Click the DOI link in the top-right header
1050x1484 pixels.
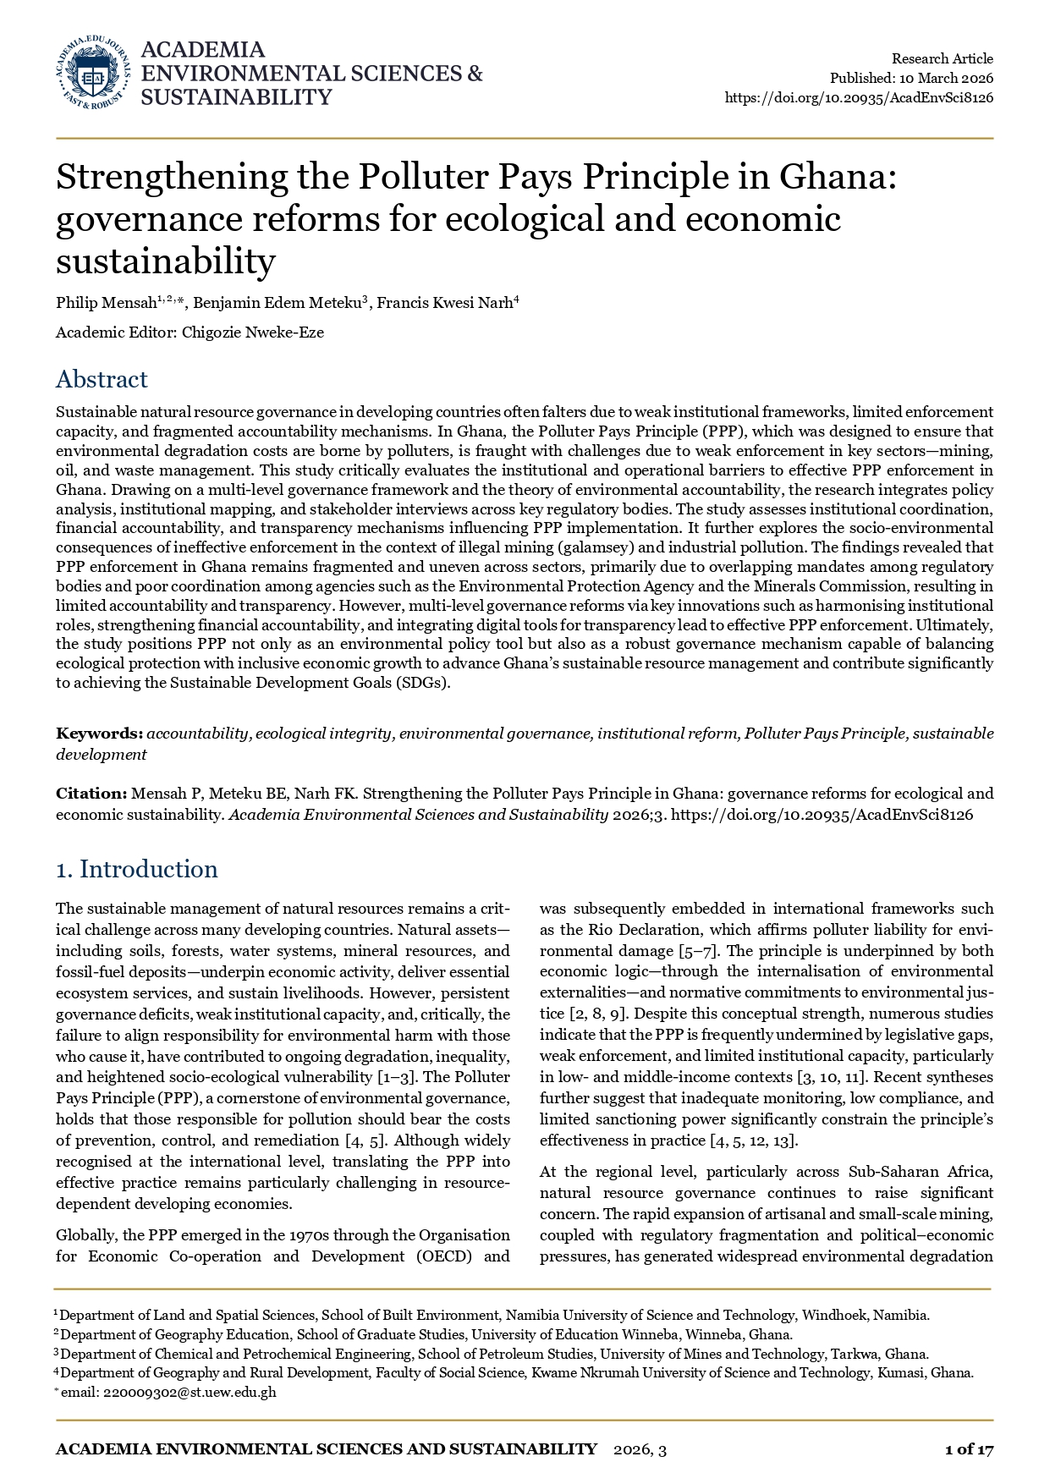859,97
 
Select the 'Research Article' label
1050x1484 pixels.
942,58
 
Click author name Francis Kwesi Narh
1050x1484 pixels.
444,303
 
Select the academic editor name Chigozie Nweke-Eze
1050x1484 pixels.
253,333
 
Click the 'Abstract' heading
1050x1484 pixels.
102,379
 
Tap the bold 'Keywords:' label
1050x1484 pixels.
99,734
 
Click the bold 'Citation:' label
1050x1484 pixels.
91,794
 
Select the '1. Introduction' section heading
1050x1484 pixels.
136,870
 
